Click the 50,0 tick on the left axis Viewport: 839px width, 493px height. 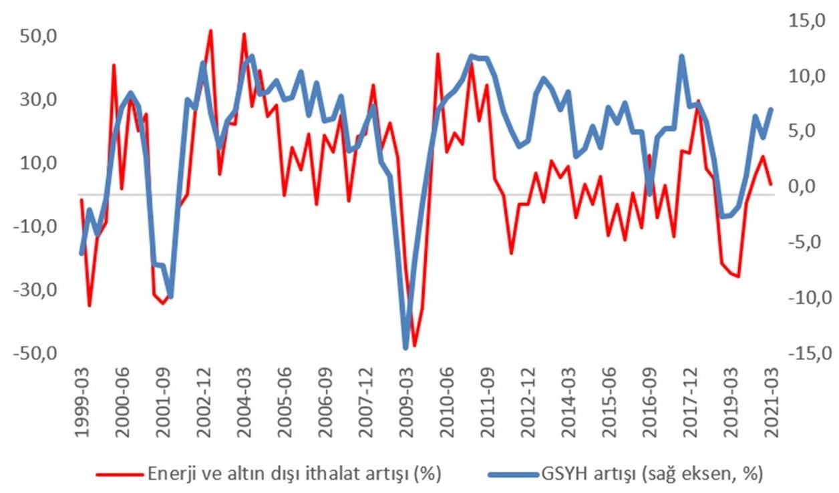tap(38, 37)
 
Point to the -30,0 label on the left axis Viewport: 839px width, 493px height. tap(35, 290)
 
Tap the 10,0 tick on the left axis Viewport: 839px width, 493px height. tap(38, 164)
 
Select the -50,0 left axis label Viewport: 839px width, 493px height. tap(35, 353)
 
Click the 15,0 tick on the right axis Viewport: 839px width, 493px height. tap(807, 21)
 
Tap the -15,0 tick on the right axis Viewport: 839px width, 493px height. tap(810, 353)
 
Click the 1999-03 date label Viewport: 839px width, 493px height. tap(82, 402)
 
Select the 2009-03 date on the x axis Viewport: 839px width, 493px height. tap(407, 402)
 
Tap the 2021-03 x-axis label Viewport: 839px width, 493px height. tap(772, 402)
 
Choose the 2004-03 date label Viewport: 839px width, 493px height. tap(244, 402)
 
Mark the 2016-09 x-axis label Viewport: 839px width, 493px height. tap(650, 402)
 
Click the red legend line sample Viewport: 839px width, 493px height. tap(120, 475)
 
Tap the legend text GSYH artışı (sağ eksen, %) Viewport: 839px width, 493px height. tap(652, 474)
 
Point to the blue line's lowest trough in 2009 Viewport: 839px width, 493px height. tap(405, 349)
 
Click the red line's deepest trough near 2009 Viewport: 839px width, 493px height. tap(414, 346)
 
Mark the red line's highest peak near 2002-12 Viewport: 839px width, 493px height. tap(211, 31)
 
